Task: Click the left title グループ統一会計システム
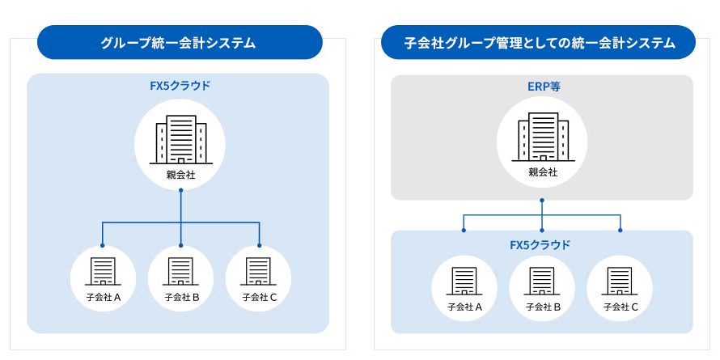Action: [179, 43]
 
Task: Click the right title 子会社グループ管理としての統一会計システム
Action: [539, 43]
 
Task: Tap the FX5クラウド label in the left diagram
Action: [179, 85]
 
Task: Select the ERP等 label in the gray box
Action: [543, 87]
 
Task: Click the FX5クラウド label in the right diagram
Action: [540, 244]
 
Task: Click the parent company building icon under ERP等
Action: [543, 136]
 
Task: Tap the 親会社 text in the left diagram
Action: [180, 175]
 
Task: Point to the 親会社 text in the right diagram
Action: [543, 172]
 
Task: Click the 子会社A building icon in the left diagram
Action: [103, 271]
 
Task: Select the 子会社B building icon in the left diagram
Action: [181, 271]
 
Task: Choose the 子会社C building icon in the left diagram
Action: [259, 271]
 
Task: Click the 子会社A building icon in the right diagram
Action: [464, 281]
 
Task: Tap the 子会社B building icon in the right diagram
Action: [543, 281]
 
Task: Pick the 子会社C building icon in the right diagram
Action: [620, 281]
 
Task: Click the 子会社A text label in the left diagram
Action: [103, 297]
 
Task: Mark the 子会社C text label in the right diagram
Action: [620, 307]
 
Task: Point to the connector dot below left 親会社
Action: [180, 191]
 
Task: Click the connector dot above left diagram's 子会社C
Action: [259, 245]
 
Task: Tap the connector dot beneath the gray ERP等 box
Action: [542, 200]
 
